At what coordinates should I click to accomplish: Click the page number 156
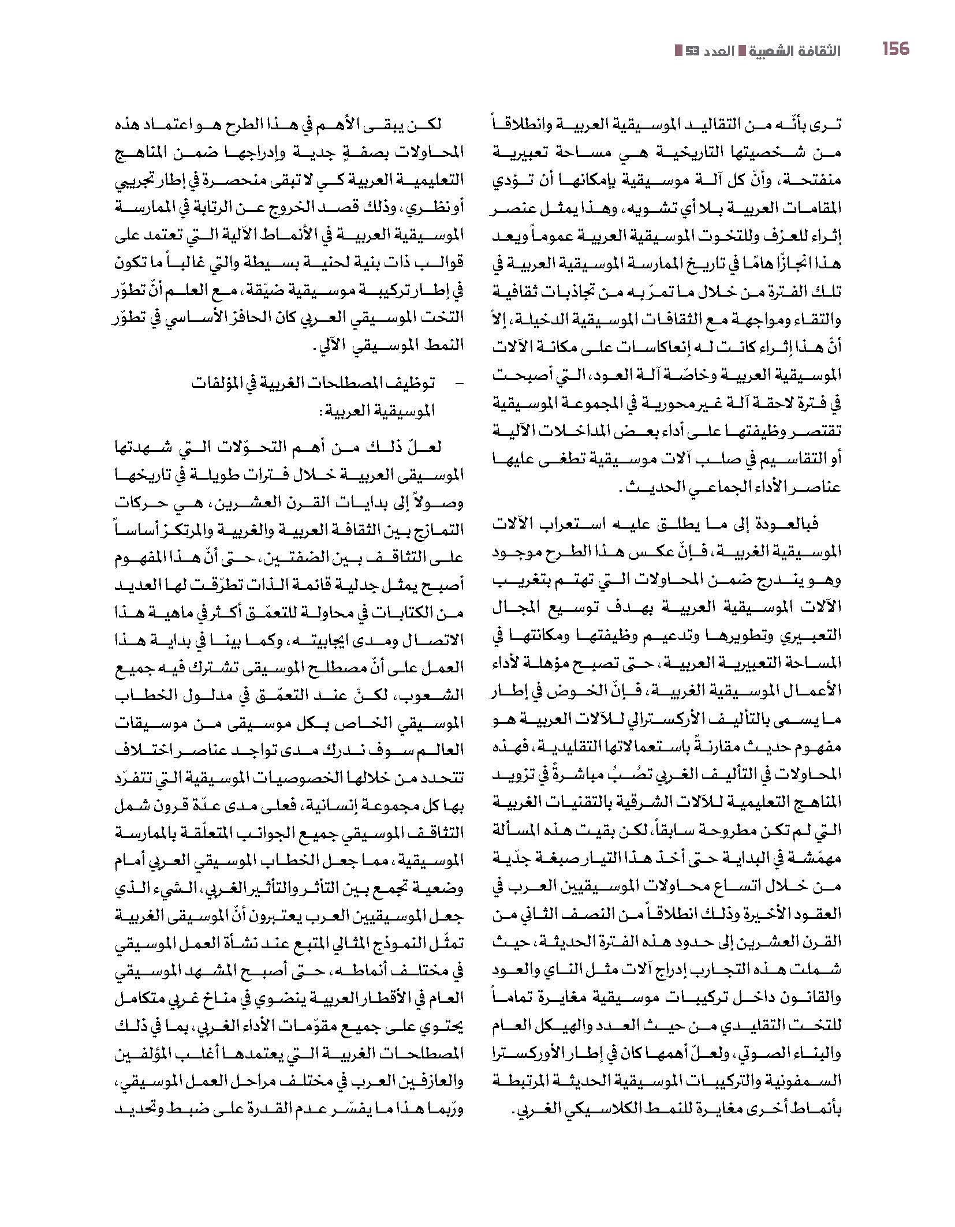click(895, 49)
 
